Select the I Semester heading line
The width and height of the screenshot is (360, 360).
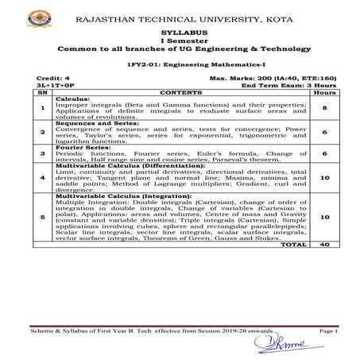pyautogui.click(x=179, y=41)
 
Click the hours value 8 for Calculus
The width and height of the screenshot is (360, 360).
pyautogui.click(x=325, y=106)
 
